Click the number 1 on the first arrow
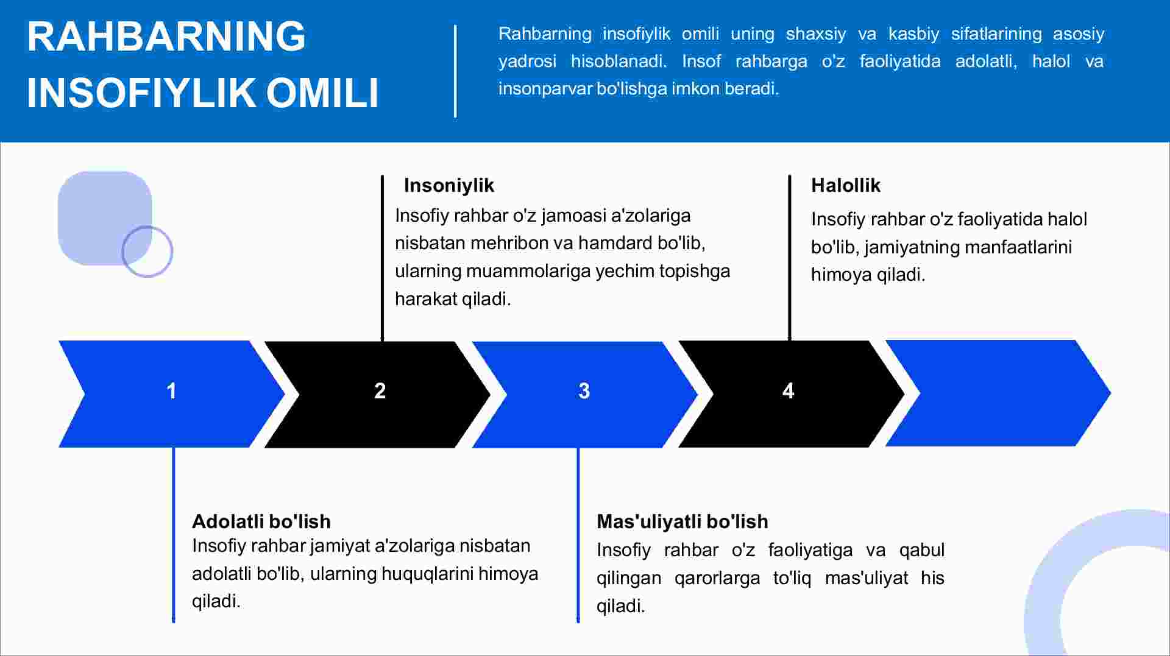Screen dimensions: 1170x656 pos(172,390)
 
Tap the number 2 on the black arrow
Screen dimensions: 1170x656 pos(380,390)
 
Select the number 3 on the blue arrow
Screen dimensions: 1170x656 pos(584,390)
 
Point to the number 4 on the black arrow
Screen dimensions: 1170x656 pos(789,390)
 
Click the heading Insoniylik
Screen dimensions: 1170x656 pos(449,185)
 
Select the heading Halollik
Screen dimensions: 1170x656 pos(846,185)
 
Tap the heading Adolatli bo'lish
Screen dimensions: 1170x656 pos(261,521)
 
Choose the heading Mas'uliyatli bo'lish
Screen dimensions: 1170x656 pos(682,521)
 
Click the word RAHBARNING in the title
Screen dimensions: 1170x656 pos(166,37)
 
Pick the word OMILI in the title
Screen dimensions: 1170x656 pos(322,93)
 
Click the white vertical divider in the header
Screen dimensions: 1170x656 pos(455,71)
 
